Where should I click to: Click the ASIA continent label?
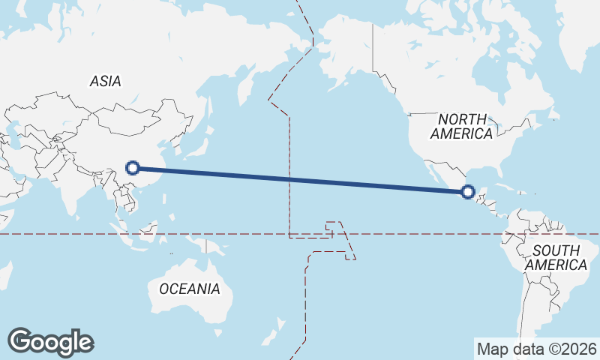105,81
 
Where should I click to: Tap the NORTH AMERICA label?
462,126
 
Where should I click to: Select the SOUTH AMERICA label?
556,258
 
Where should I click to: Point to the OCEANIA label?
190,288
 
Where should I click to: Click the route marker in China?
133,168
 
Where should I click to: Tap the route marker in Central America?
468,192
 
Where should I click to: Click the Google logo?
50,342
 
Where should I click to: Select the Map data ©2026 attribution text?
537,349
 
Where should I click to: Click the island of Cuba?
504,186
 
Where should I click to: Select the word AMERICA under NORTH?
462,133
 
